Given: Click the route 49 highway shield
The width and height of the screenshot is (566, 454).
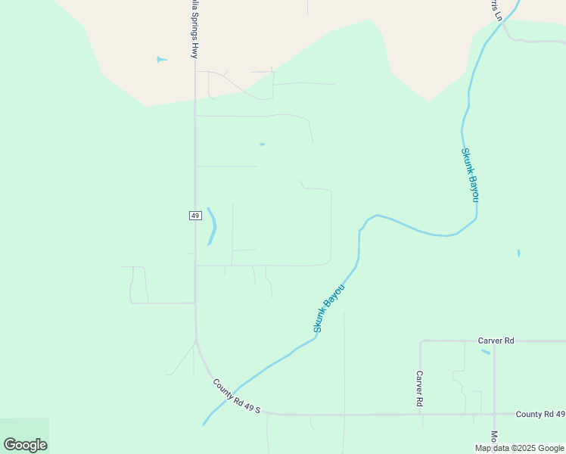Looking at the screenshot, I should click(x=194, y=216).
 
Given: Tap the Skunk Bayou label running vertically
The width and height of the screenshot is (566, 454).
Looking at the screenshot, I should click(x=470, y=174).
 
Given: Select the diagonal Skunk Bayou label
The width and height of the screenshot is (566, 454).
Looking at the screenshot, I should click(x=329, y=308).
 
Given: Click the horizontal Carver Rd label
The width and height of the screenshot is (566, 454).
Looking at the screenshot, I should click(x=496, y=340).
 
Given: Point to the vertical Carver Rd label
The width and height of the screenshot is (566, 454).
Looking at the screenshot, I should click(x=418, y=389).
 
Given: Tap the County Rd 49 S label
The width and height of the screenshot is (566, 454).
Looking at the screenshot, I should click(x=236, y=396).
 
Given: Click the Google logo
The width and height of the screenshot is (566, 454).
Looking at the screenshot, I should click(x=25, y=444).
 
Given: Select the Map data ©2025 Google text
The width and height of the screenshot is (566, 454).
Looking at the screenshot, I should click(x=520, y=448).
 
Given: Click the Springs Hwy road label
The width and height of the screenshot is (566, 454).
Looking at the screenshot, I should click(x=194, y=30).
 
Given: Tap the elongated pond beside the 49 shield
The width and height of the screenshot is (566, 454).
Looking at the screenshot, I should click(x=212, y=225).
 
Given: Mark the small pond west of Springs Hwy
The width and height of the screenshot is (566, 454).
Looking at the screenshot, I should click(x=161, y=59).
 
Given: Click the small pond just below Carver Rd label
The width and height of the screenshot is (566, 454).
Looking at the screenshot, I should click(x=485, y=351).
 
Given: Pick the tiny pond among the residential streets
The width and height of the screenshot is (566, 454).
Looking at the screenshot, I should click(x=262, y=145).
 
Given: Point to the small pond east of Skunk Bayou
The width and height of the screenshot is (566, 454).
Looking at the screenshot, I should click(x=518, y=253).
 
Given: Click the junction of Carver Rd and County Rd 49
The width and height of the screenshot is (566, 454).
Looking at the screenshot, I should click(x=421, y=415).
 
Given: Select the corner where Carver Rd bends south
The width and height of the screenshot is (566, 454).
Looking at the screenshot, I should click(x=421, y=341).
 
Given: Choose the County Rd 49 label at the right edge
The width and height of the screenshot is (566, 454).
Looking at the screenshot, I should click(x=540, y=414).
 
